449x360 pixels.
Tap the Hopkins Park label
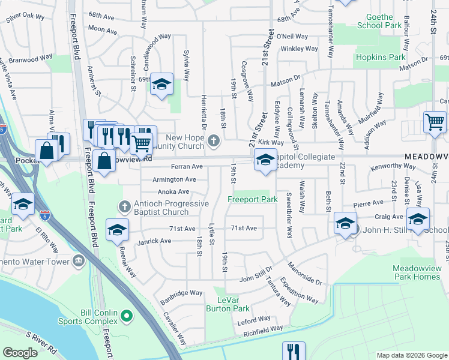click(x=381, y=57)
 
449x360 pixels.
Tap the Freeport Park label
click(x=251, y=199)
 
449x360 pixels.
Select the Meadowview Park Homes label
click(x=416, y=272)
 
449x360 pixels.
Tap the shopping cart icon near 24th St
click(x=434, y=121)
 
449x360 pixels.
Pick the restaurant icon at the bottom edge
click(x=294, y=351)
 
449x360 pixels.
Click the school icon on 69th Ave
click(x=161, y=85)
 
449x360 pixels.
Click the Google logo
click(x=20, y=353)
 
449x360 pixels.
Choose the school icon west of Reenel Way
click(x=117, y=229)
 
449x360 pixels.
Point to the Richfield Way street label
click(x=264, y=329)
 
